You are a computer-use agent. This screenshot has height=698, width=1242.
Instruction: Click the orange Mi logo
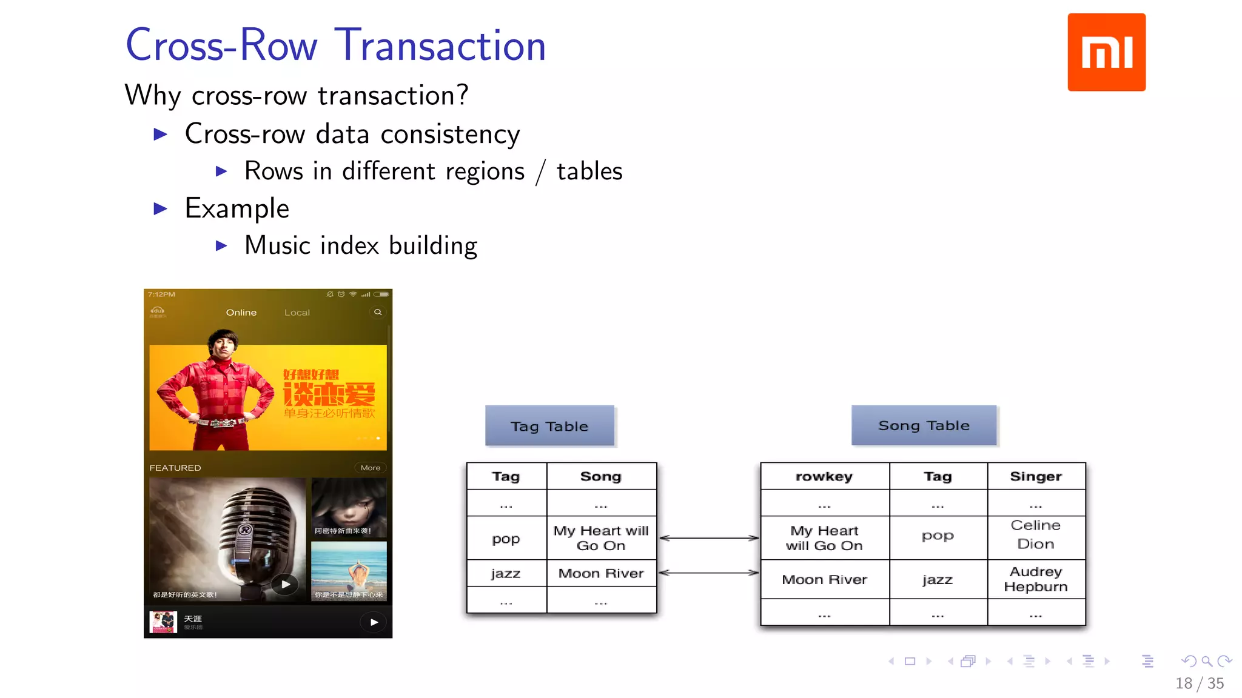coord(1106,52)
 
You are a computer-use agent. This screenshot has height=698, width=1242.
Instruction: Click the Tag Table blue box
coord(549,426)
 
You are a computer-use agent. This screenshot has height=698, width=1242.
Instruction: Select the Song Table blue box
coord(924,425)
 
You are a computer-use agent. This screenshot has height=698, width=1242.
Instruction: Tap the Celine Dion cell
coord(1035,534)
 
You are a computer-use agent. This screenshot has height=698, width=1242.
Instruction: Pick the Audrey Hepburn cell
coord(1035,579)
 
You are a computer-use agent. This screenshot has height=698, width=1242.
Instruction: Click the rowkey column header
coord(824,476)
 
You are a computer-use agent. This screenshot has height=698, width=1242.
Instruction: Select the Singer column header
coord(1035,476)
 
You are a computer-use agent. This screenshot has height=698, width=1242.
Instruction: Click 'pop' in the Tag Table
coord(506,539)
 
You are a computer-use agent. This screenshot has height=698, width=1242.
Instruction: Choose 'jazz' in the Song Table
coord(937,580)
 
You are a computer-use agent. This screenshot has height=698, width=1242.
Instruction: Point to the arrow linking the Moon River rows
coord(708,573)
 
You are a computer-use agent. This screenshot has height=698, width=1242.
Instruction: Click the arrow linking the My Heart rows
coord(708,537)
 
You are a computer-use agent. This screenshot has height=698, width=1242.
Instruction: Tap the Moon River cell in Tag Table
coord(600,573)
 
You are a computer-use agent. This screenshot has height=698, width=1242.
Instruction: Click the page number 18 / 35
coord(1199,683)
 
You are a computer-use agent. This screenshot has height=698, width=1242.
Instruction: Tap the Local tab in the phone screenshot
coord(297,313)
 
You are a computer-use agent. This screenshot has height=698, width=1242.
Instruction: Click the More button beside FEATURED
coord(370,468)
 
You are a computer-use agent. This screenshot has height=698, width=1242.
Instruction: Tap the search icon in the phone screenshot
coord(378,312)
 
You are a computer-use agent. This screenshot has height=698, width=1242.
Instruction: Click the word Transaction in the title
coord(440,45)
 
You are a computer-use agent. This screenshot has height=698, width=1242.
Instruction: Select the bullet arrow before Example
coord(161,209)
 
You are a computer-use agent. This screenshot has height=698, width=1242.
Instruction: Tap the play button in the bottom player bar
coord(374,622)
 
